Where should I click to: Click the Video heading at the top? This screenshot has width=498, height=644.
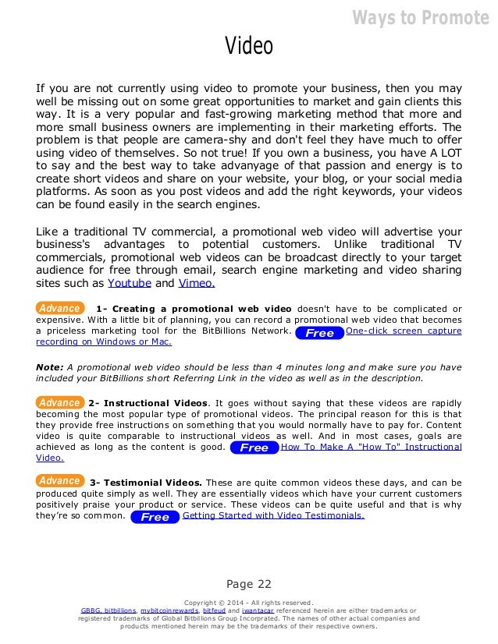[249, 46]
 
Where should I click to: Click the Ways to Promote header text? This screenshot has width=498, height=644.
[420, 17]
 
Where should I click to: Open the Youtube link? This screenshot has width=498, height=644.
[129, 282]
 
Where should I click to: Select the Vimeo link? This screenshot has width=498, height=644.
[196, 282]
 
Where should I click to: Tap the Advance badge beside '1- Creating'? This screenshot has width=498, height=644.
[59, 309]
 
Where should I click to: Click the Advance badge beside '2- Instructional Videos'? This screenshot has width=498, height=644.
[59, 402]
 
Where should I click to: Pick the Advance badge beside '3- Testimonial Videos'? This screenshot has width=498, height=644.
[59, 481]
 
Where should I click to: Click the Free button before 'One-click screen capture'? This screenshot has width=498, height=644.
[319, 333]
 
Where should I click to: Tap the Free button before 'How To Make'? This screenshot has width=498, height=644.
[254, 448]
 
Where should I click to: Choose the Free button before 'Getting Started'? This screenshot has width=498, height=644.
[155, 517]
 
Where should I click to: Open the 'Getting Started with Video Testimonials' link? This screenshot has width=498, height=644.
[273, 516]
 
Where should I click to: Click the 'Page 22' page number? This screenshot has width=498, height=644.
[248, 584]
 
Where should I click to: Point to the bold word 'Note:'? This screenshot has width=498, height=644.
[50, 367]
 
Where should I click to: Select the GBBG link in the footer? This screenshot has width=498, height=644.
[91, 610]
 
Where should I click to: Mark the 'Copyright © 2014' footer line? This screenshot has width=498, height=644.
[248, 602]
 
